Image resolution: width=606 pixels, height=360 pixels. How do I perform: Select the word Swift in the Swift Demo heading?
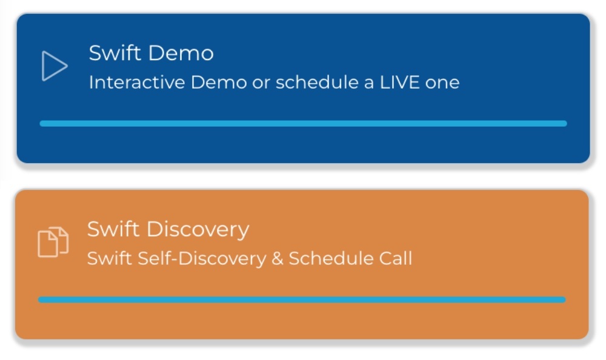pos(115,53)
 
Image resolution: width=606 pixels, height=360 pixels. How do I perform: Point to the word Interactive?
pos(137,82)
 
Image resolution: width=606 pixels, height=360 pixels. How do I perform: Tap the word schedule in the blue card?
pos(317,82)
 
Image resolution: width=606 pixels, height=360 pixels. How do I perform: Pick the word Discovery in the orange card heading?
pos(198,230)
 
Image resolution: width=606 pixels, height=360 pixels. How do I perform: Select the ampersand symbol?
pos(278,259)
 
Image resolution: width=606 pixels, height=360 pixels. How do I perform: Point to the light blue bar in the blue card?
pos(304,124)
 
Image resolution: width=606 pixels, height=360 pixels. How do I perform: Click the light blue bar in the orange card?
pos(302,299)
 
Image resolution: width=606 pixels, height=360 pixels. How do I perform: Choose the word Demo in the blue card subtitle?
pos(219,82)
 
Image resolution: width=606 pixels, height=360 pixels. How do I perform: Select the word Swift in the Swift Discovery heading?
pos(113,229)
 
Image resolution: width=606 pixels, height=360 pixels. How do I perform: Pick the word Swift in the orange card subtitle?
pos(110,258)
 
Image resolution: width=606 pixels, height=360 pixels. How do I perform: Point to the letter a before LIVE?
pos(369,84)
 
